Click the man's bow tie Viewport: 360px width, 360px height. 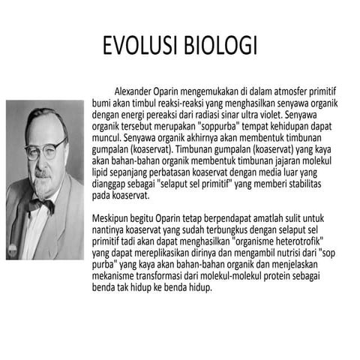click(x=43, y=204)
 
